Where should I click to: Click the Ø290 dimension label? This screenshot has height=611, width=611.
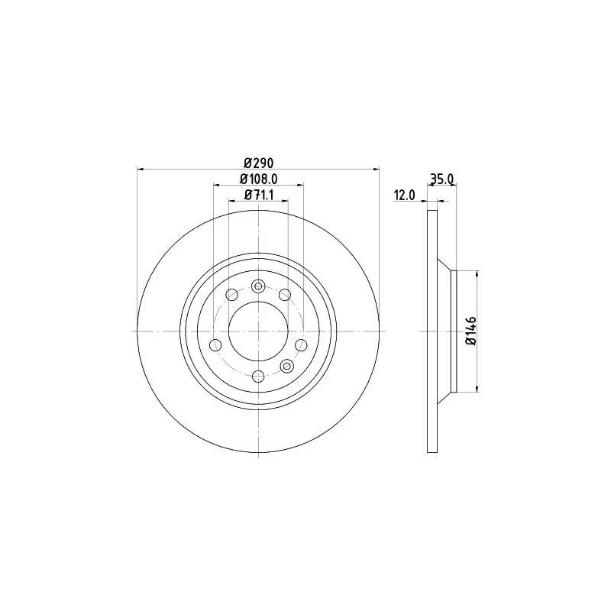(x=259, y=163)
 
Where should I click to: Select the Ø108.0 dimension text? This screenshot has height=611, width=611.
(x=259, y=179)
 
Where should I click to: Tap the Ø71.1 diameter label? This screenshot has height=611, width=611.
(x=259, y=195)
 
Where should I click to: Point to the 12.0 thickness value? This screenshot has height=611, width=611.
(x=405, y=196)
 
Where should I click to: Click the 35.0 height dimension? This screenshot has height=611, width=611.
(x=442, y=179)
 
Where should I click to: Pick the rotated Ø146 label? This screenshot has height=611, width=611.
(x=471, y=331)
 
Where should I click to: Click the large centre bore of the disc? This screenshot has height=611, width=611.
(x=258, y=331)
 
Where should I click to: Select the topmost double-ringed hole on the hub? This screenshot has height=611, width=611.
(x=258, y=286)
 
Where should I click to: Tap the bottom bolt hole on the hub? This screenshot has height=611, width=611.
(x=258, y=377)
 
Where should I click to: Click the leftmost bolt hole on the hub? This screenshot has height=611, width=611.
(x=215, y=345)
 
